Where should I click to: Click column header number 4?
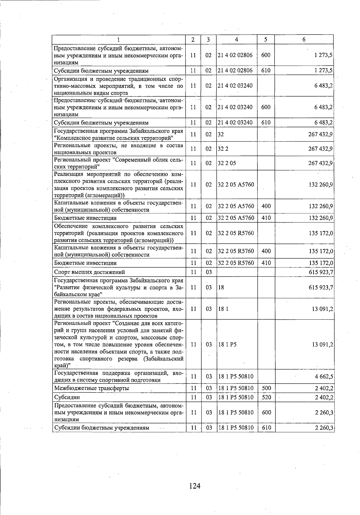click(x=237, y=40)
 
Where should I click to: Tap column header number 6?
click(x=304, y=40)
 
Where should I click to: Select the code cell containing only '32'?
click(x=221, y=134)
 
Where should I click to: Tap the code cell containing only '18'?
click(x=221, y=288)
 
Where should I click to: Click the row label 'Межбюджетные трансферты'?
click(x=92, y=388)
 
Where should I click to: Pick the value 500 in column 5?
click(x=266, y=388)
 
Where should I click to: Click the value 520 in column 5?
click(x=266, y=398)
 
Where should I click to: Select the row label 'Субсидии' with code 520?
click(x=67, y=398)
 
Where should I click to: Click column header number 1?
click(x=119, y=40)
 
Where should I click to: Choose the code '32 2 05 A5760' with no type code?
click(x=236, y=185)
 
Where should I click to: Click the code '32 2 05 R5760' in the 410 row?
click(x=236, y=263)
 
